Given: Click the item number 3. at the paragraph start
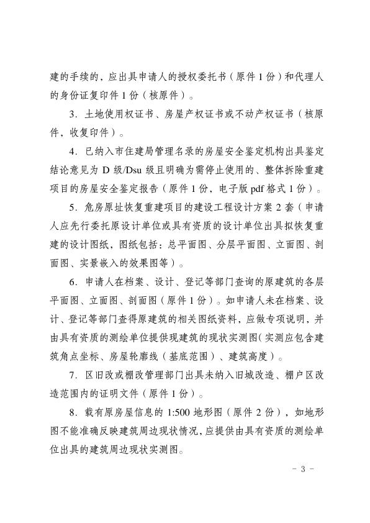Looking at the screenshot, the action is coord(73,114).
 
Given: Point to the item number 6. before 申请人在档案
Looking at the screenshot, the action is coord(73,283).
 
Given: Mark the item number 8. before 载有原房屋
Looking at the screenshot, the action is coord(73,413).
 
